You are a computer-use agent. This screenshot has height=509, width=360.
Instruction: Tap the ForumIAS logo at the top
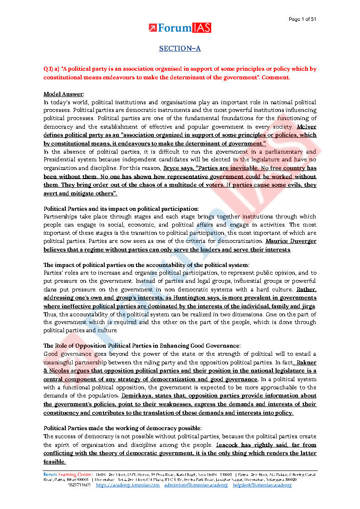pos(180,28)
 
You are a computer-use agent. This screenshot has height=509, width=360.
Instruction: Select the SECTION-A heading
pos(180,48)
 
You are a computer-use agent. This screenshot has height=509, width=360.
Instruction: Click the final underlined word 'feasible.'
pos(54,461)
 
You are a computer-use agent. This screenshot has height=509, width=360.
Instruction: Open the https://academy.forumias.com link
pos(128,485)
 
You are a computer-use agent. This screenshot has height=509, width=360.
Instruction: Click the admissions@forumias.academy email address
pos(196,485)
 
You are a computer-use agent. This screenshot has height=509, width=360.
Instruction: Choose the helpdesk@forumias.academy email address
pos(263,485)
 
